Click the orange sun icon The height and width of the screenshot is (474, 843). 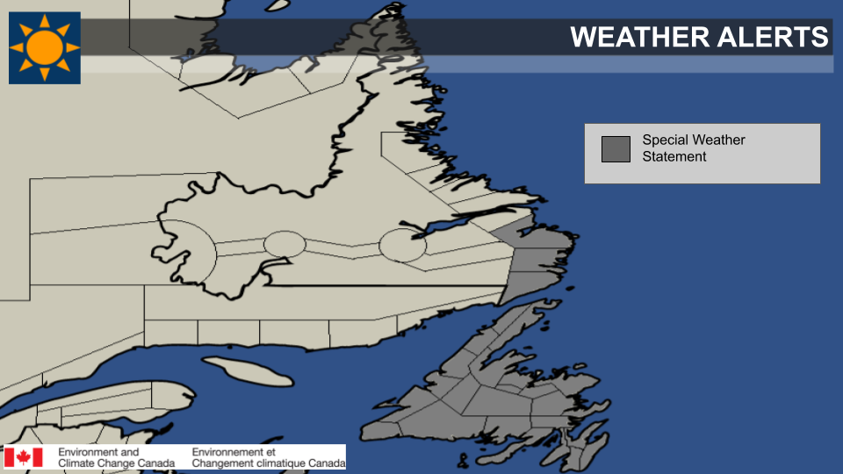pos(45,48)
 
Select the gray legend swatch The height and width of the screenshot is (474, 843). pos(616,149)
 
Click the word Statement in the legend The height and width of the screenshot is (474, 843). pos(674,157)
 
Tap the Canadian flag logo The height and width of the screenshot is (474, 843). pos(24,457)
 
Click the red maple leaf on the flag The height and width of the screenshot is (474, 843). pos(24,457)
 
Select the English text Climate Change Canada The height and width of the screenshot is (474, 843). pos(117,463)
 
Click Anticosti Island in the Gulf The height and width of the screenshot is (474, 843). pos(236,369)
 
